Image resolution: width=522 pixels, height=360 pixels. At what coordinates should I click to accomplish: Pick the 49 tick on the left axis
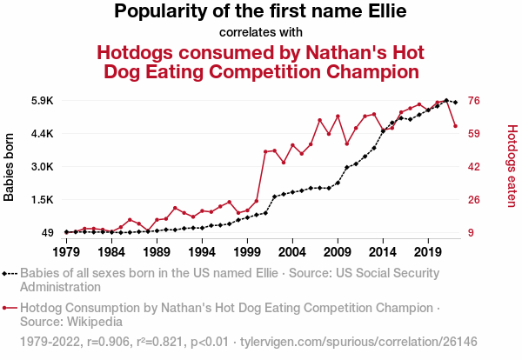46,233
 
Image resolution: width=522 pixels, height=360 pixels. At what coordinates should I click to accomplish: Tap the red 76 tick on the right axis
475,101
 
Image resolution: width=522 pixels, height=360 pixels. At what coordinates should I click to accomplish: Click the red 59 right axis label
475,134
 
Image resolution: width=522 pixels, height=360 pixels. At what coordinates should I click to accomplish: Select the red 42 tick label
475,167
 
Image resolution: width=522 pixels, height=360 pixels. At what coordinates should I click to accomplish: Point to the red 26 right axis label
475,200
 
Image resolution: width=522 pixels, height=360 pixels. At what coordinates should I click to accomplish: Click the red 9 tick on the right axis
472,233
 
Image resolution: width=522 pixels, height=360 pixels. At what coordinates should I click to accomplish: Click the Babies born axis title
10,167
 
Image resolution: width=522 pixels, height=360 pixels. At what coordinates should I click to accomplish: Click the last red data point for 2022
455,126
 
